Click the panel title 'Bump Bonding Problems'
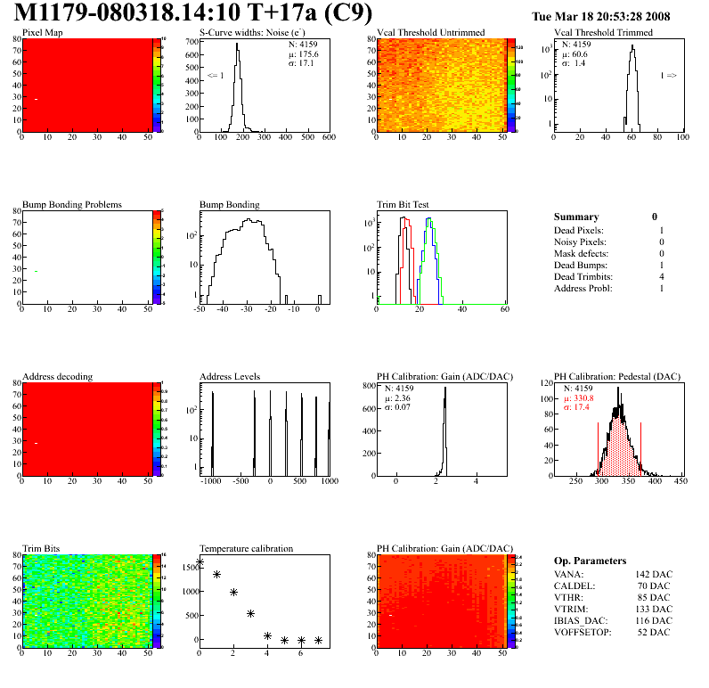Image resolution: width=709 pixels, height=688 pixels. point(71,204)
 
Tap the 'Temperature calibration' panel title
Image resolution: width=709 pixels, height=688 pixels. point(246,548)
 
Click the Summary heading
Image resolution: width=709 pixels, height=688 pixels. point(576,217)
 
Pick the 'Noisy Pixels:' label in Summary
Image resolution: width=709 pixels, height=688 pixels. point(579,242)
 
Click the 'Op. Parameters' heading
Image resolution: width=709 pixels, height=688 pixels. point(590,561)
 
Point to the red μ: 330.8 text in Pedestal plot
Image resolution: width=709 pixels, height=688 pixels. point(580,397)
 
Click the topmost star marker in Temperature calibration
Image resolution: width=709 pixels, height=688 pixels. point(200,562)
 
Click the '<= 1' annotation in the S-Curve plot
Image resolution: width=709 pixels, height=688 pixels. point(215,76)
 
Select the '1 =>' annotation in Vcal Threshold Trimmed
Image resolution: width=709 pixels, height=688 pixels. point(668,76)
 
